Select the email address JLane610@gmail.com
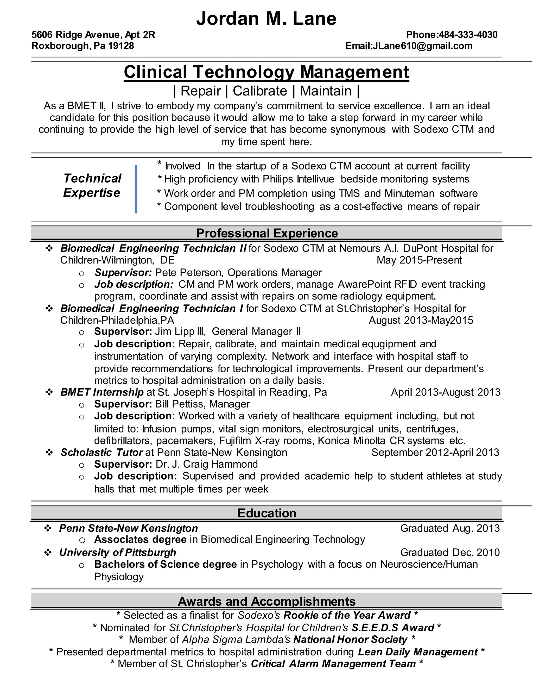coord(422,46)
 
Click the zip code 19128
coord(121,46)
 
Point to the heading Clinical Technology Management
coord(266,72)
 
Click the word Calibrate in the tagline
coord(260,91)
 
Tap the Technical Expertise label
coord(92,185)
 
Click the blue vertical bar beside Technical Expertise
coord(136,189)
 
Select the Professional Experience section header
coord(267,233)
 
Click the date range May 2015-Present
coord(419,260)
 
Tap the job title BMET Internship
coord(102,392)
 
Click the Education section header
coord(267,513)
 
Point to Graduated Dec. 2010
coord(450,552)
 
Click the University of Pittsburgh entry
coord(117,552)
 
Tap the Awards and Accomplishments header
coord(267,601)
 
